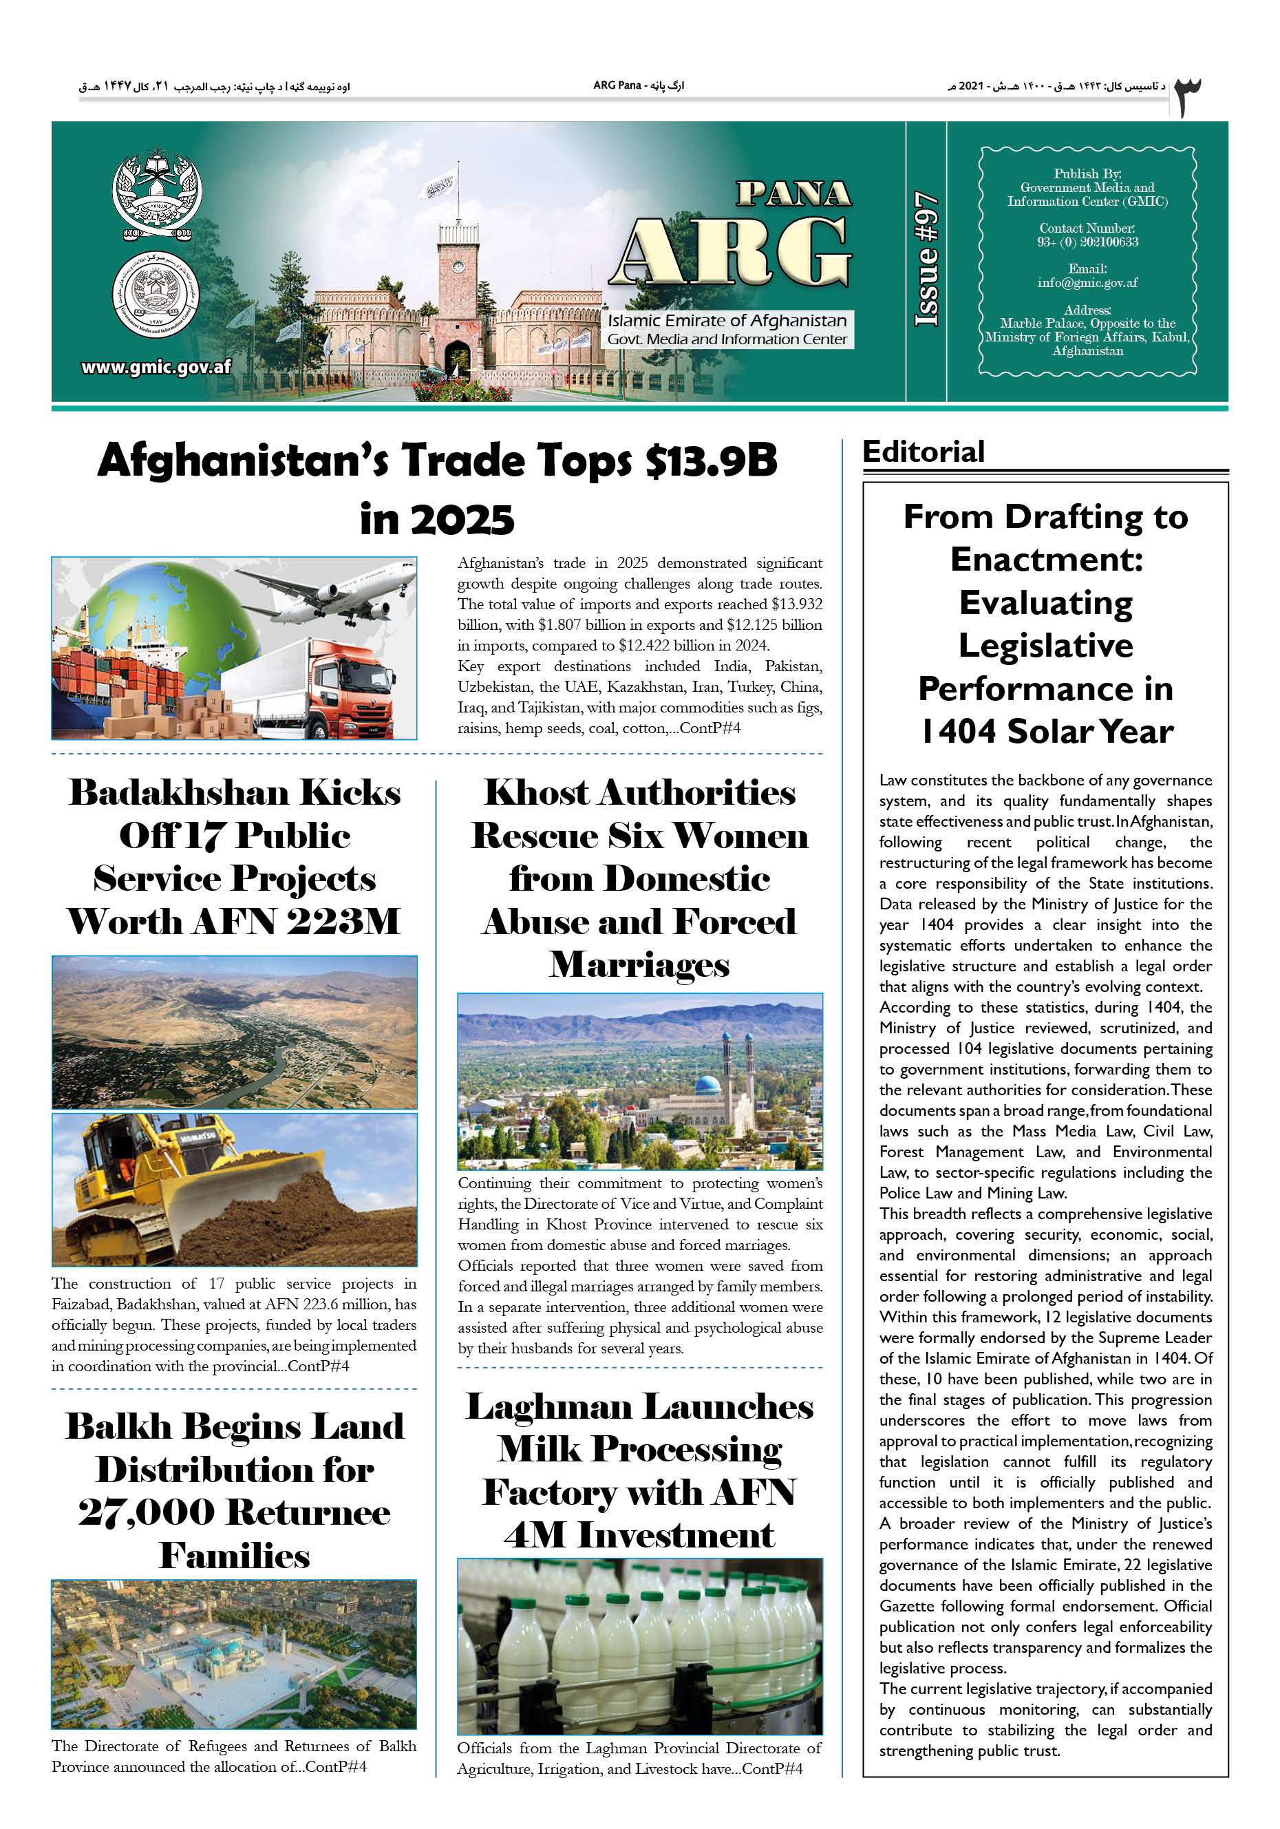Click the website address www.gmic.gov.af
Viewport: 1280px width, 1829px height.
[156, 367]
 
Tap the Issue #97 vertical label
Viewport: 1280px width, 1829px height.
[926, 260]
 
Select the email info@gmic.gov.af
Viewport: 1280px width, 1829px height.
[1087, 283]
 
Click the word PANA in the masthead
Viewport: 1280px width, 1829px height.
[793, 193]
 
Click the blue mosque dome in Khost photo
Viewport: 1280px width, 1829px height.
[708, 1085]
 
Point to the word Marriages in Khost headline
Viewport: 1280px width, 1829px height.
[639, 964]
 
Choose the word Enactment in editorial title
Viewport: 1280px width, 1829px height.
[1046, 559]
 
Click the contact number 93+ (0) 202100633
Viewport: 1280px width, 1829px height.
[1087, 242]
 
